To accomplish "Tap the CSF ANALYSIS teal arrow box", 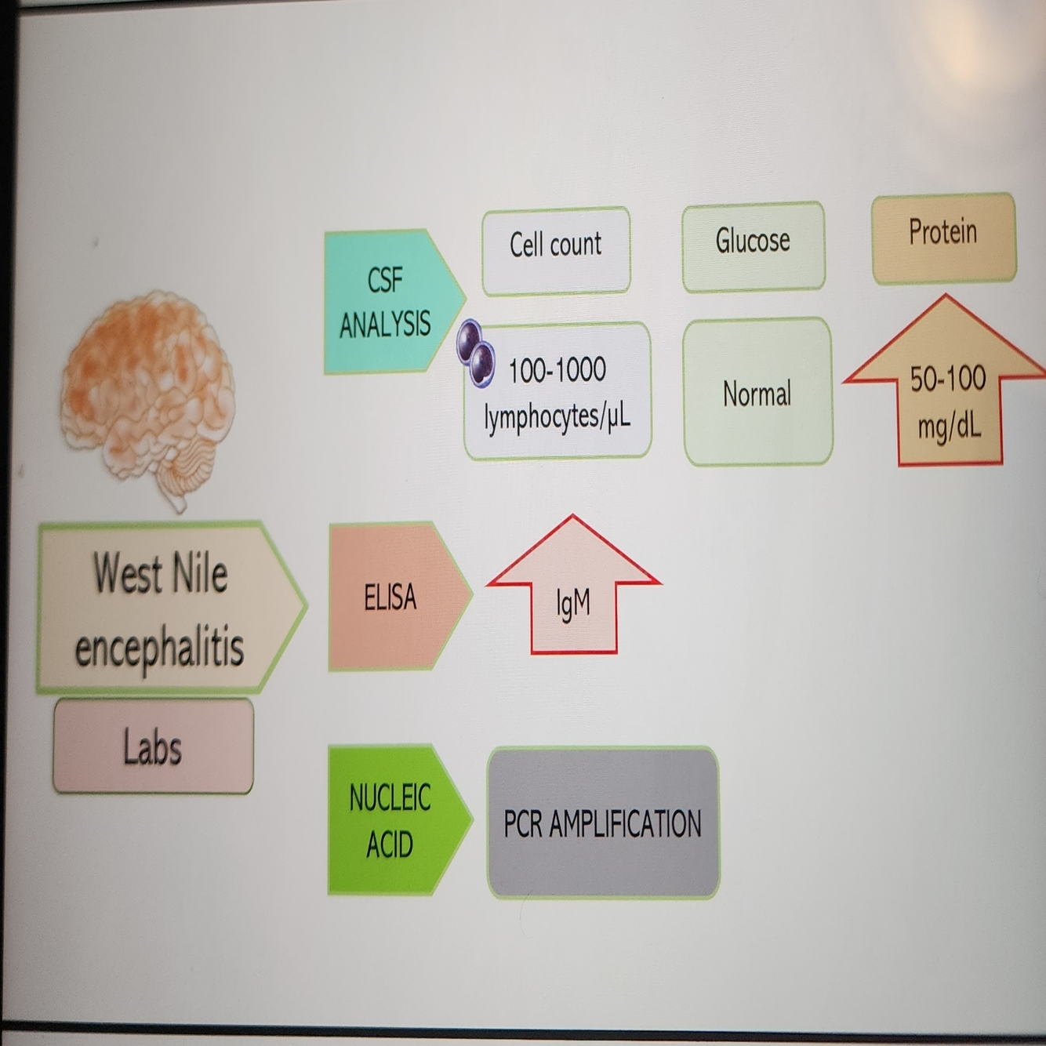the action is (x=388, y=302).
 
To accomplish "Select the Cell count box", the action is (x=556, y=250).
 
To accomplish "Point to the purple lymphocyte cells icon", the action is (x=476, y=354).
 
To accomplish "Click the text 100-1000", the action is (x=558, y=370).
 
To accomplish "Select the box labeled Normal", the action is (x=757, y=392).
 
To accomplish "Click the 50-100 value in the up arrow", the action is (x=948, y=380).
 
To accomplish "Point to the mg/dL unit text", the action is (x=949, y=427).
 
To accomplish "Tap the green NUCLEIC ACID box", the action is (x=392, y=820).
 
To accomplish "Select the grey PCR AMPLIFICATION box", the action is (x=602, y=823).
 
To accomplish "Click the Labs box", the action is (x=153, y=746).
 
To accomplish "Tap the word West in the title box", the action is (x=128, y=573).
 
